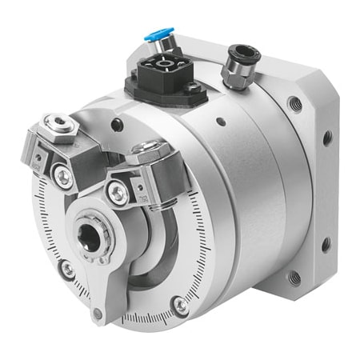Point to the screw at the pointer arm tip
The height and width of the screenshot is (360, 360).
pyautogui.click(x=98, y=313)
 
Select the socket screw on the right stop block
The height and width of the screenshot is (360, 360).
pyautogui.click(x=119, y=190)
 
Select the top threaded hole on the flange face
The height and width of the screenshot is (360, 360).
pyautogui.click(x=297, y=102)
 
